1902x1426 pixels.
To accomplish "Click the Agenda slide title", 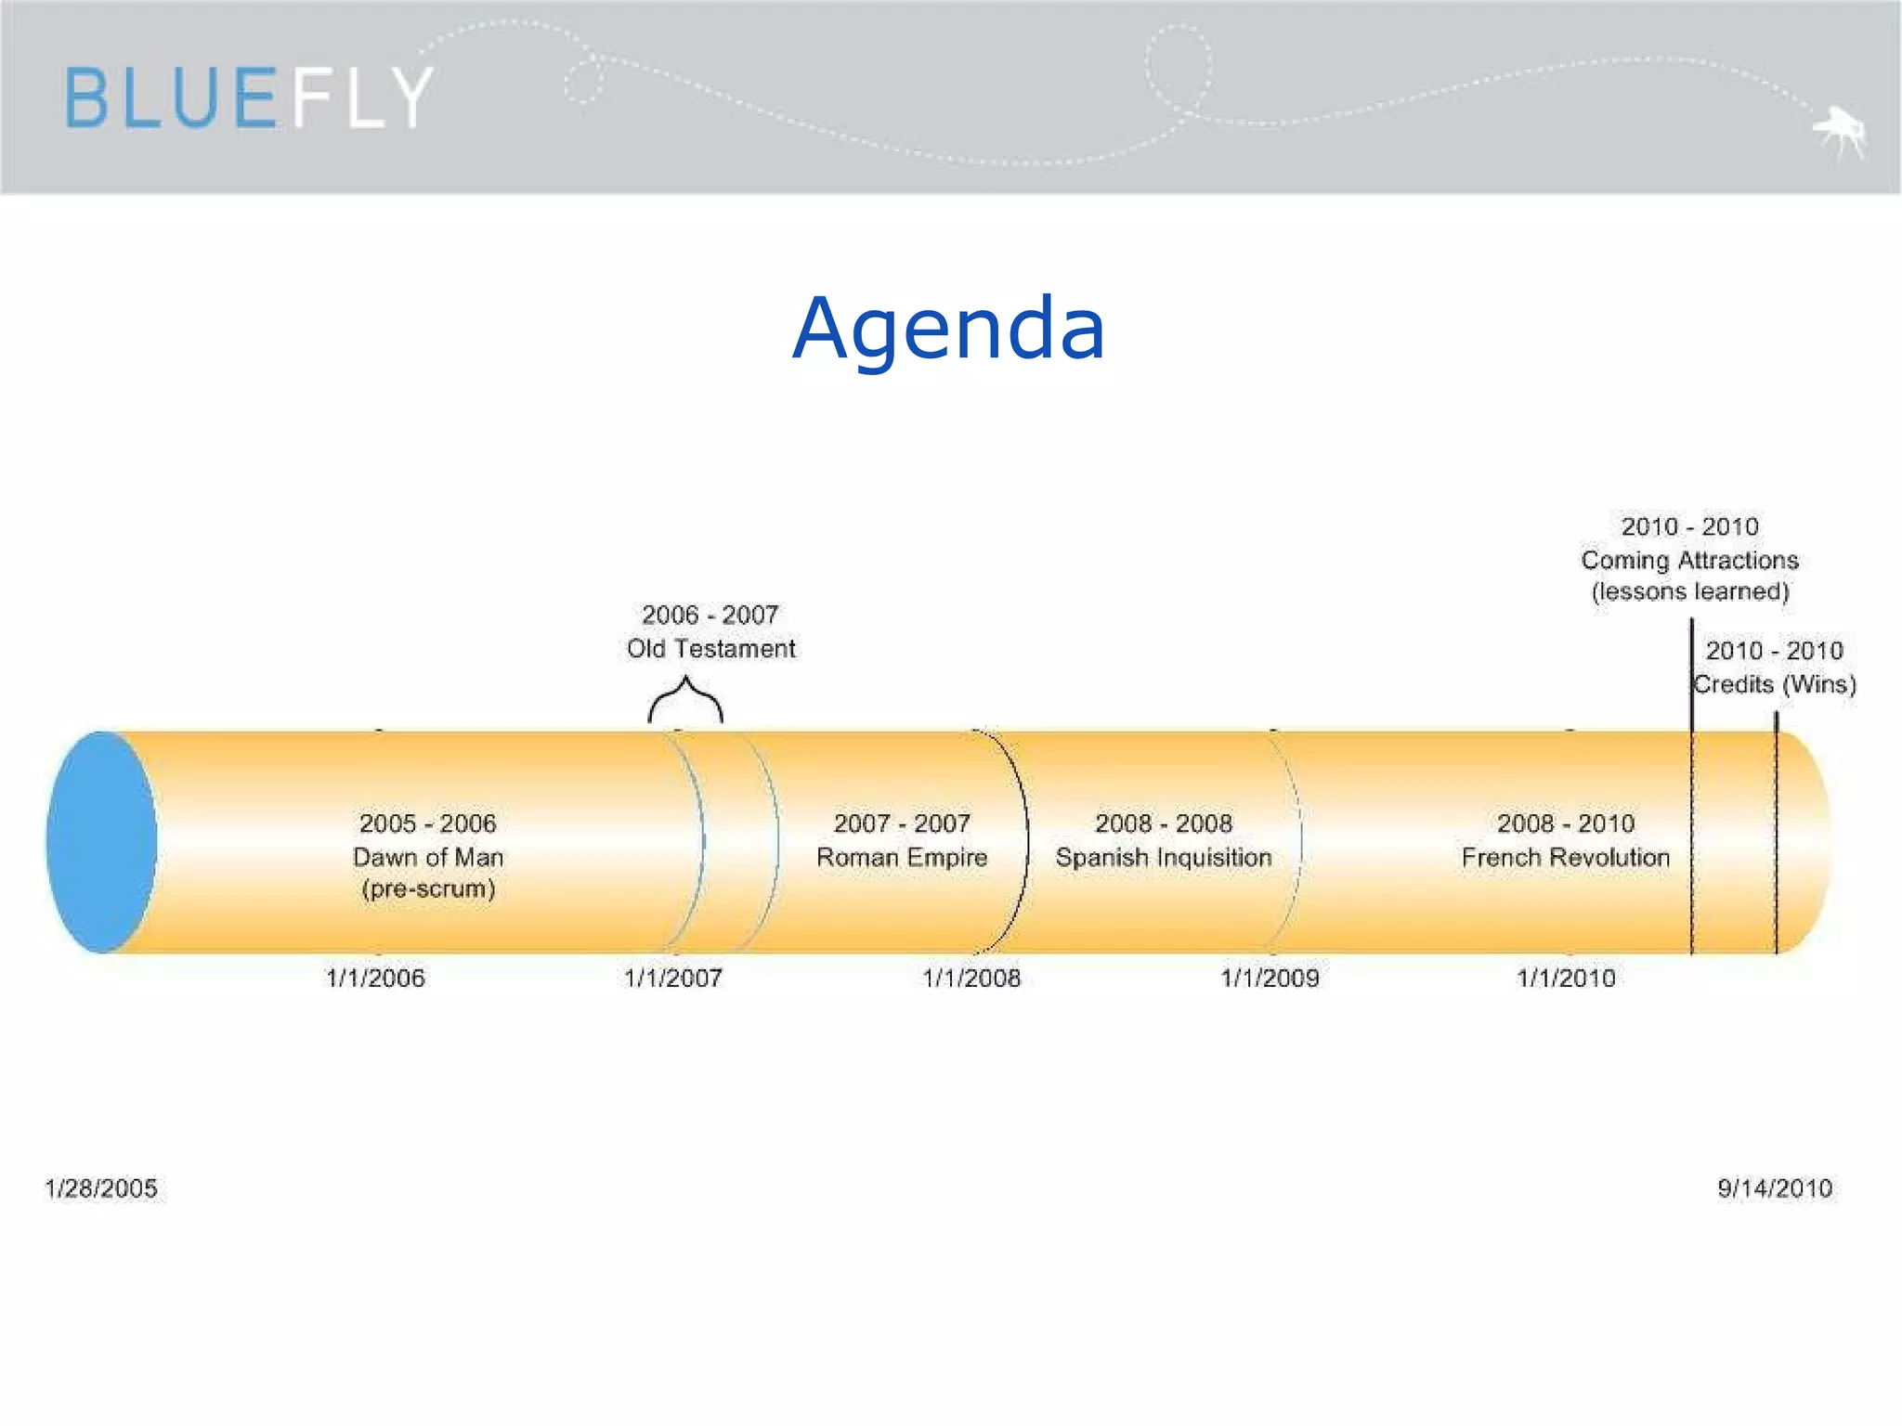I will point(948,328).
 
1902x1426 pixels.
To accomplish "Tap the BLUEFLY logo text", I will point(249,97).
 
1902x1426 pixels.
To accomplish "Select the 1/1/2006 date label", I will point(375,978).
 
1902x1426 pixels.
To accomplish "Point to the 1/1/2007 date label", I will point(673,978).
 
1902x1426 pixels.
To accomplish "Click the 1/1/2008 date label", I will point(971,978).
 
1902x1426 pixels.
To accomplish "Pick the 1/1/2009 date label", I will point(1270,978).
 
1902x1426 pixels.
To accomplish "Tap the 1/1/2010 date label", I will point(1567,978).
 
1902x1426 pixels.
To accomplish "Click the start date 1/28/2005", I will point(101,1188).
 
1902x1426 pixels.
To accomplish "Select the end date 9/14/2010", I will point(1775,1188).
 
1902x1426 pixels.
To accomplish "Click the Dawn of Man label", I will point(428,857).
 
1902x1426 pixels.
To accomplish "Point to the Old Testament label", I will point(710,648).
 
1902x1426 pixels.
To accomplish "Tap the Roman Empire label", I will point(902,857).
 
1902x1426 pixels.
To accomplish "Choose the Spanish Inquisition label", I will point(1164,857).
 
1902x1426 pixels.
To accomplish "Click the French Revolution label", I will point(1566,857).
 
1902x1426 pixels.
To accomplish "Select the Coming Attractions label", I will point(1690,560).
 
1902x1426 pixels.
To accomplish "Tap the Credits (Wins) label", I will point(1775,684).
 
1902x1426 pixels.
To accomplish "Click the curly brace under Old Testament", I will point(685,701).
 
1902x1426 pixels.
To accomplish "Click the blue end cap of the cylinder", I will point(101,842).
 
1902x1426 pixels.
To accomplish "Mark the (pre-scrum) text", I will point(428,888).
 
